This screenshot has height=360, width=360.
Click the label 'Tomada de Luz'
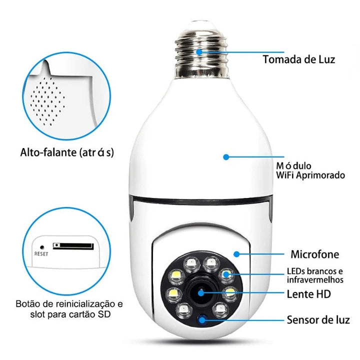299,59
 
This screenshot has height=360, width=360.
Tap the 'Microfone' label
314,254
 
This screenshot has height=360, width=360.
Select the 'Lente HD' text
309,293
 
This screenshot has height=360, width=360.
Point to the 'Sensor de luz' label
318,319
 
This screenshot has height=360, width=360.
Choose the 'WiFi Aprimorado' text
310,175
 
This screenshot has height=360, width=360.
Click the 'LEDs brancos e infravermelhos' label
315,275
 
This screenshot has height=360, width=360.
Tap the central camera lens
202,292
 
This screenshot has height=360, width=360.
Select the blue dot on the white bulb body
226,156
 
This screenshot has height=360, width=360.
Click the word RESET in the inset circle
41,253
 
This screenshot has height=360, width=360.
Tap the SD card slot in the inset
73,246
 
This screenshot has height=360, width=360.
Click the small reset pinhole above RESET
41,246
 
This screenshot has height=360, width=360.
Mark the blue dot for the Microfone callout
237,254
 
